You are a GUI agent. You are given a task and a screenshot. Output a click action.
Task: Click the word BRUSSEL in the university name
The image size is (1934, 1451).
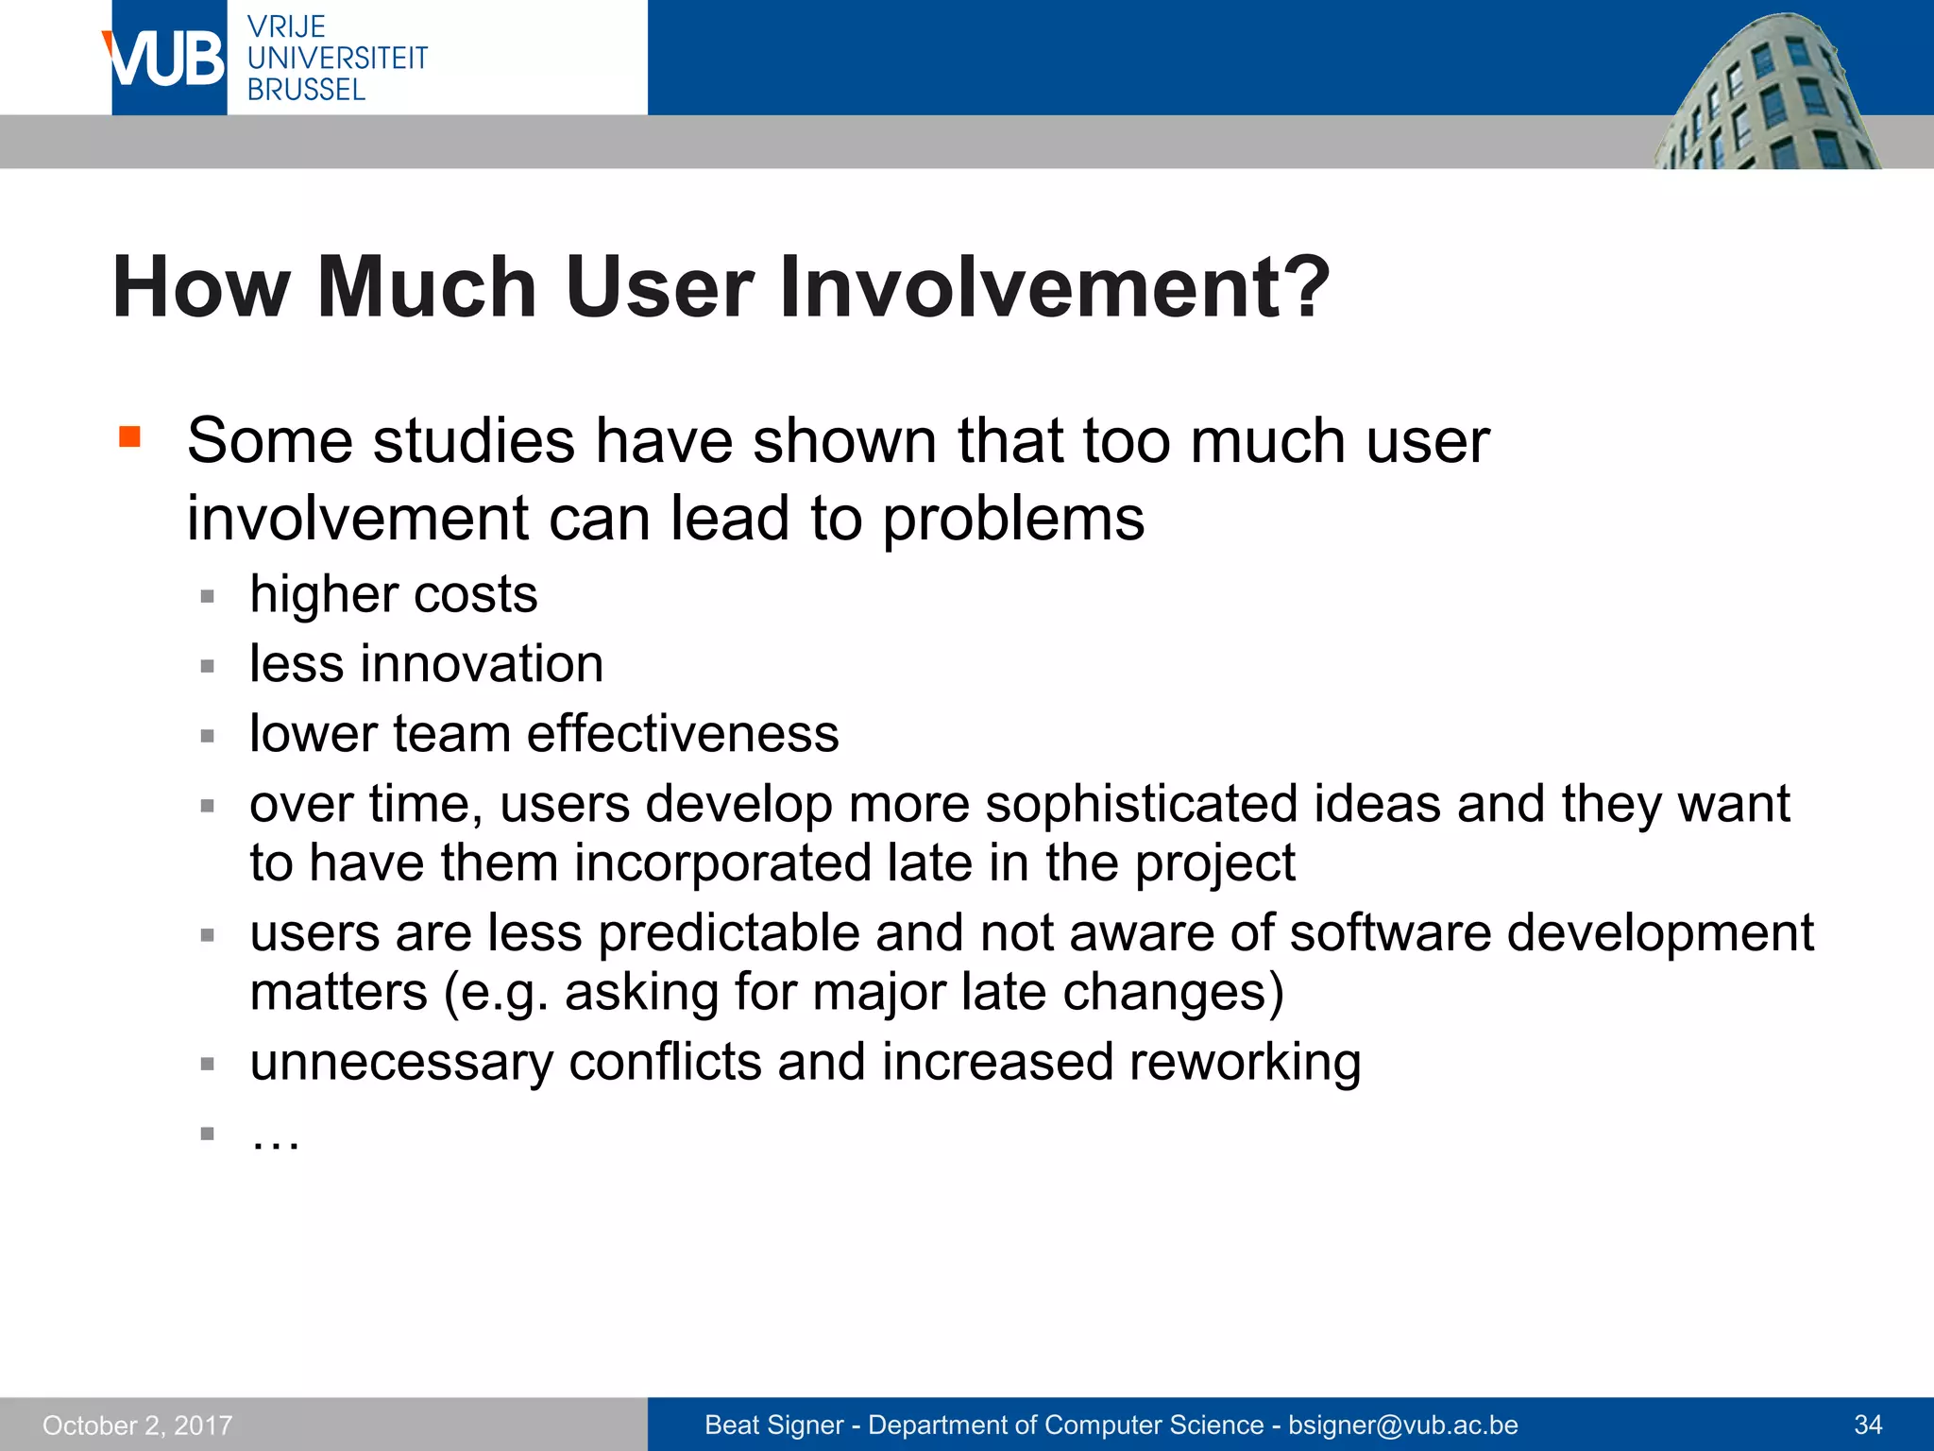click(306, 90)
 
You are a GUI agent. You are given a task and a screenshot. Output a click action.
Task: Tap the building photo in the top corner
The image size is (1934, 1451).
click(1766, 94)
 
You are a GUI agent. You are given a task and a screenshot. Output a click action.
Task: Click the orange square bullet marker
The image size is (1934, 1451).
click(129, 436)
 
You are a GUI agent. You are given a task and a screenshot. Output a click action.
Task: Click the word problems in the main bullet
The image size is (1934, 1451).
click(1013, 519)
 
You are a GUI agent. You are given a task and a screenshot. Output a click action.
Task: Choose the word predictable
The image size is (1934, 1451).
click(728, 933)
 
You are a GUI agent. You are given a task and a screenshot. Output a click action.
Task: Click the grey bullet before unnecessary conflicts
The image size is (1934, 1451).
click(208, 1064)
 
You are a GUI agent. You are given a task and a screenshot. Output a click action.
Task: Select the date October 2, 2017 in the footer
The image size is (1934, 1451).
click(137, 1425)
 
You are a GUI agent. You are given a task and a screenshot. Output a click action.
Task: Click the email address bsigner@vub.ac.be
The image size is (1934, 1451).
click(1402, 1425)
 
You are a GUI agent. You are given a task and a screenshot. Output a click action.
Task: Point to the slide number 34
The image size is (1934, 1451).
click(1868, 1425)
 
